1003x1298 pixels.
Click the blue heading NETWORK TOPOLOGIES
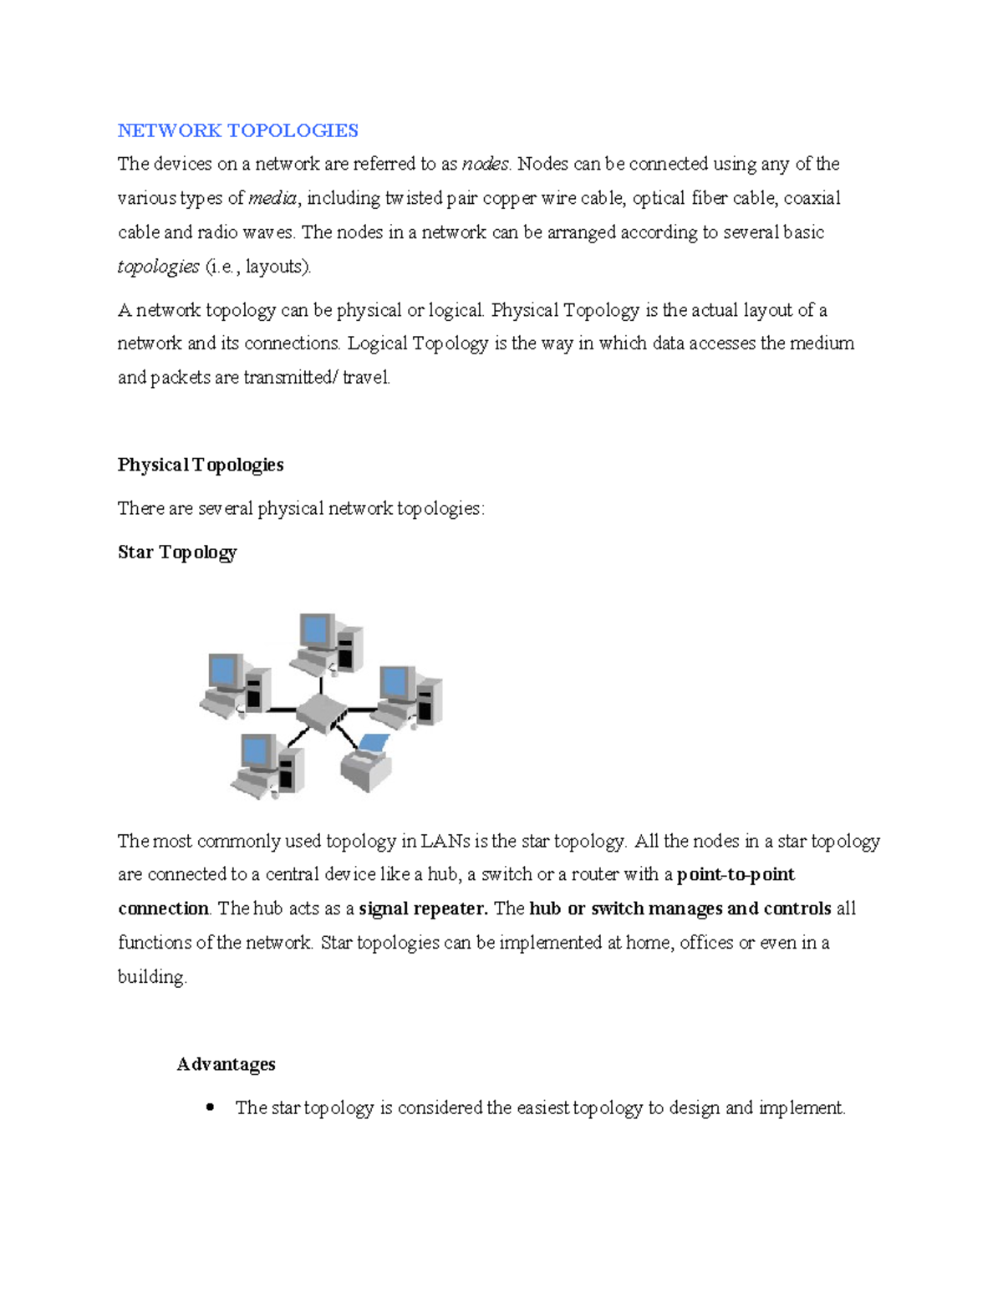click(x=237, y=130)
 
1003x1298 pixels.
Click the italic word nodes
click(x=486, y=164)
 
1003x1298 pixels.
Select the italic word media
click(x=272, y=198)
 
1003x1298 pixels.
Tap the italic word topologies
click(x=158, y=267)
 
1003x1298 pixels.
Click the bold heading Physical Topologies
click(x=201, y=465)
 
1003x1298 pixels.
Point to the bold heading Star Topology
click(x=177, y=552)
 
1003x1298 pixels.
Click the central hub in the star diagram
click(x=323, y=712)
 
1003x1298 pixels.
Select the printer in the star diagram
click(x=368, y=761)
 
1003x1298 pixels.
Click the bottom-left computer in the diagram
click(x=267, y=765)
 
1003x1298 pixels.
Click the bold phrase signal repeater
click(x=423, y=909)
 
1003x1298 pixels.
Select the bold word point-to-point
click(x=736, y=874)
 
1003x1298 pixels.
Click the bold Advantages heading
click(x=226, y=1064)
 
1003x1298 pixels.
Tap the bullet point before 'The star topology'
click(x=210, y=1107)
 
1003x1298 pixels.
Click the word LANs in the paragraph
click(x=445, y=841)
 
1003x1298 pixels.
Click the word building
click(x=152, y=977)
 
